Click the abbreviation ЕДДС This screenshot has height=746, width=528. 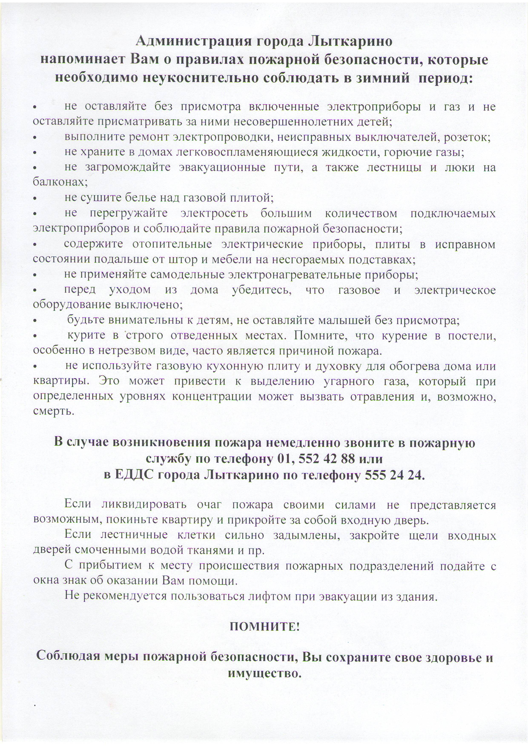click(134, 475)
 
